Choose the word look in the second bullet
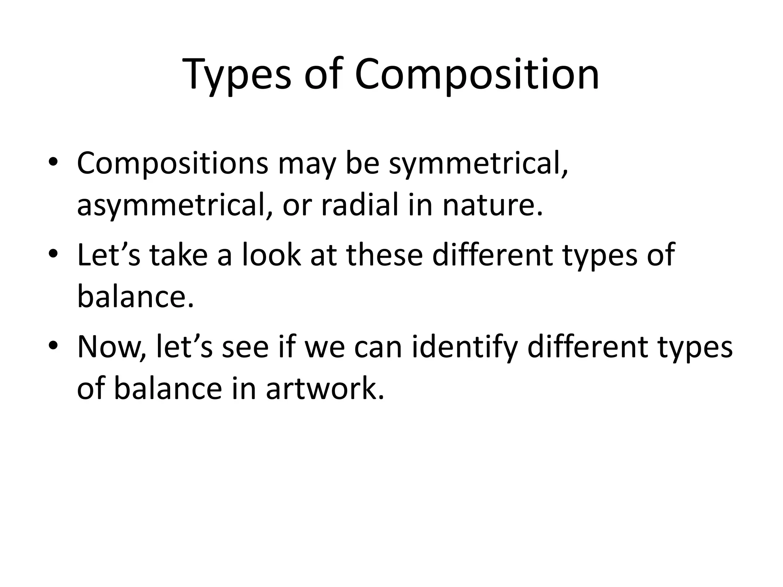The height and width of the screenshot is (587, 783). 271,255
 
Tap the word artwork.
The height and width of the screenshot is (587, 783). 325,389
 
